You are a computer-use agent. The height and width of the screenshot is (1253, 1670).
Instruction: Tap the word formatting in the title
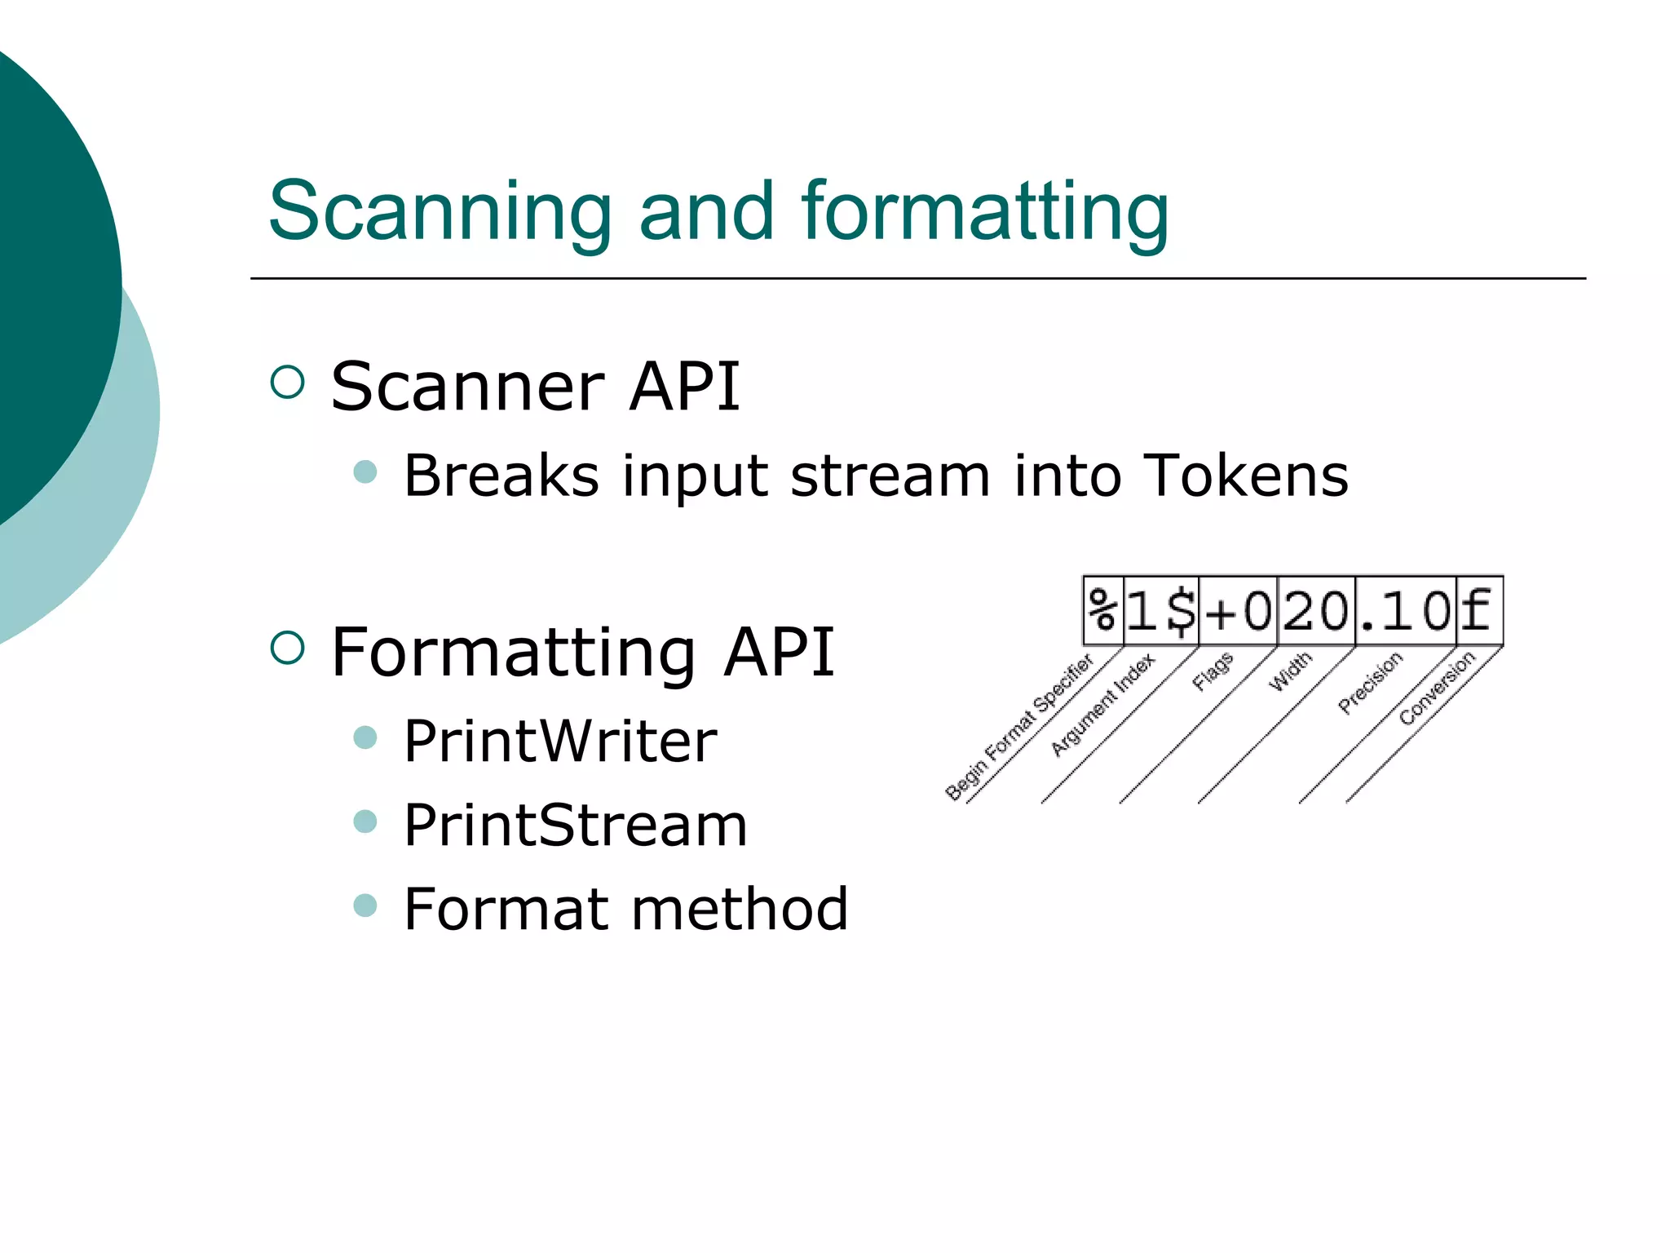point(985,211)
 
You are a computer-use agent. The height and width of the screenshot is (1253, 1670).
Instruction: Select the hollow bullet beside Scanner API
point(287,382)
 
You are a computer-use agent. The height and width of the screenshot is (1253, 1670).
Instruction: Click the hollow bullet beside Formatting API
point(287,648)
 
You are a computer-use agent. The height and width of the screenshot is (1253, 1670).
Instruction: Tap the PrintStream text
point(575,825)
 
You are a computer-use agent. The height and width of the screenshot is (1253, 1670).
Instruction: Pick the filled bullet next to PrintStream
point(366,821)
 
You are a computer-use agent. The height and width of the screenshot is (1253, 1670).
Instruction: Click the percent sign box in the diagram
point(1102,610)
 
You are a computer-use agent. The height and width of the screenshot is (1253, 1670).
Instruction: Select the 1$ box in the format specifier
point(1161,610)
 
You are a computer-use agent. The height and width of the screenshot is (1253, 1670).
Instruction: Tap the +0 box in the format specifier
point(1238,610)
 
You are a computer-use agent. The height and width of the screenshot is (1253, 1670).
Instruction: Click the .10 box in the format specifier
point(1406,610)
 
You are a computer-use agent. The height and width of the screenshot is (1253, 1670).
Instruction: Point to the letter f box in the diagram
point(1478,610)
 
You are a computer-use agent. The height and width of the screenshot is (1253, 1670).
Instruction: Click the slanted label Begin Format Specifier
point(1018,726)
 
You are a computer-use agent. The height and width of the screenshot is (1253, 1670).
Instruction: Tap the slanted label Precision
point(1371,683)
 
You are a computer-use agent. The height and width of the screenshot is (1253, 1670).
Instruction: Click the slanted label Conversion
point(1437,688)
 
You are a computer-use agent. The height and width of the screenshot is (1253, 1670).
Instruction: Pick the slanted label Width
point(1290,671)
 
